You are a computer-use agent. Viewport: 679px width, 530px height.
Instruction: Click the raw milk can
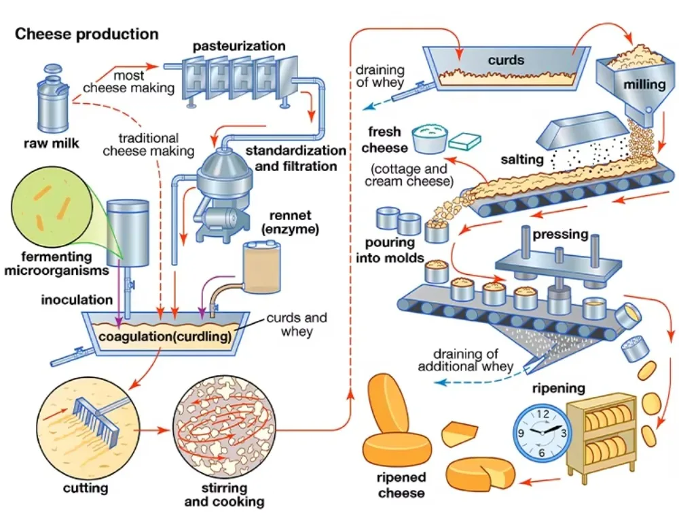[x=53, y=100]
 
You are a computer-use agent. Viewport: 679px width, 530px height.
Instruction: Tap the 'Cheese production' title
[x=87, y=34]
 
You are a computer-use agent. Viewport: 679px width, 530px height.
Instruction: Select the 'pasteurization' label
[x=239, y=46]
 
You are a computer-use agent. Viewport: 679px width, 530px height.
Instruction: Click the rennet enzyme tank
[x=261, y=267]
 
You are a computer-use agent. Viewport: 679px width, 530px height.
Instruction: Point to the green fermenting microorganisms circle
[x=52, y=207]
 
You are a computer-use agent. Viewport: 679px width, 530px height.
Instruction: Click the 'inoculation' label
[x=77, y=299]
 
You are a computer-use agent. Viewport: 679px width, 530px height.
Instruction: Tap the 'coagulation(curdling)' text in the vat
[x=165, y=336]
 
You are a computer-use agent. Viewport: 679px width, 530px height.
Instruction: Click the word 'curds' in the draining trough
[x=506, y=60]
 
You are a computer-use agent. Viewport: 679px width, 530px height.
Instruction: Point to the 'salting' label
[x=521, y=159]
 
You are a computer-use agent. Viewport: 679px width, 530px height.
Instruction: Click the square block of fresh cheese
[x=464, y=140]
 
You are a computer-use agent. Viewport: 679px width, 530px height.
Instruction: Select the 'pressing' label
[x=560, y=235]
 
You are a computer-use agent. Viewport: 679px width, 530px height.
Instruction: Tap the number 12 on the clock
[x=542, y=414]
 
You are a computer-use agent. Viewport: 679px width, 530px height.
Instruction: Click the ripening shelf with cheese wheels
[x=601, y=437]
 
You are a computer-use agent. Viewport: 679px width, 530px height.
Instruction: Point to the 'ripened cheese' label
[x=401, y=485]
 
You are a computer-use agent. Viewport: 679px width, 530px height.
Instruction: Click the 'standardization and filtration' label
[x=296, y=158]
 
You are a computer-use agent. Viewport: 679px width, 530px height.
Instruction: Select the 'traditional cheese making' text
[x=149, y=145]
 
